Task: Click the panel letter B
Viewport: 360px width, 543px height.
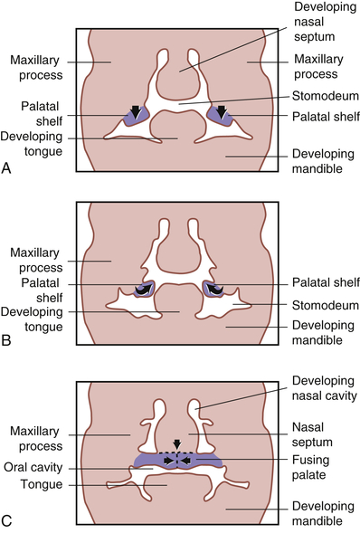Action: coord(8,345)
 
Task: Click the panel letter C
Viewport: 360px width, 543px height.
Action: coord(8,523)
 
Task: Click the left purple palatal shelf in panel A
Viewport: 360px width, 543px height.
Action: coord(135,114)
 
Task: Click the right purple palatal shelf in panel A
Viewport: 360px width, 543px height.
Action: coord(220,114)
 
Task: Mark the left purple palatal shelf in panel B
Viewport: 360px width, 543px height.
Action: coord(140,289)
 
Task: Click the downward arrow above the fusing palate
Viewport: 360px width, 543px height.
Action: coord(176,444)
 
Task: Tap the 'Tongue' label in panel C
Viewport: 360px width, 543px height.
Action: coord(45,483)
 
